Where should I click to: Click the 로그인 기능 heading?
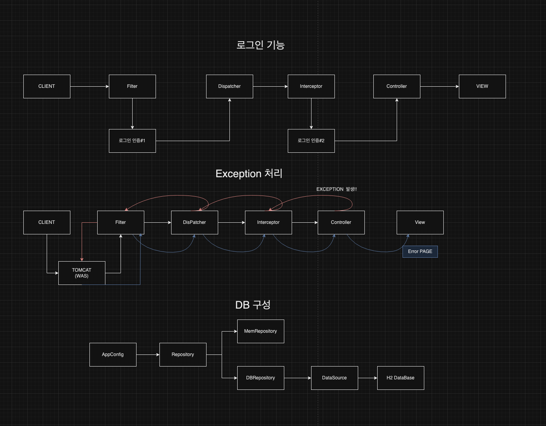[x=261, y=45]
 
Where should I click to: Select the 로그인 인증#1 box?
[x=132, y=141]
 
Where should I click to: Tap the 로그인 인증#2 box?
[x=311, y=141]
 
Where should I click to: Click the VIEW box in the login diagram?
[x=482, y=86]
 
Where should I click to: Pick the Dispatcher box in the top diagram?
[x=229, y=86]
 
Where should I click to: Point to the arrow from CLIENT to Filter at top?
[x=89, y=86]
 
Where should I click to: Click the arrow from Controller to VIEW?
[x=439, y=86]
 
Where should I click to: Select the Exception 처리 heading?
[x=249, y=173]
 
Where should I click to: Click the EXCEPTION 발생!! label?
[x=336, y=189]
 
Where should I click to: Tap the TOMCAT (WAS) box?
[x=82, y=273]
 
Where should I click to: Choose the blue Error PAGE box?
[x=420, y=251]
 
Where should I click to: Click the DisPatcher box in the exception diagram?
[x=194, y=222]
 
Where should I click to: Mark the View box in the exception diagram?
[x=420, y=222]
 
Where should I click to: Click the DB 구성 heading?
[x=253, y=305]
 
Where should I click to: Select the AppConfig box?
[x=113, y=354]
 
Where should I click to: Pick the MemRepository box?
[x=261, y=331]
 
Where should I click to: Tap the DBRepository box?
[x=261, y=378]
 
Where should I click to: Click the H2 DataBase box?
[x=401, y=378]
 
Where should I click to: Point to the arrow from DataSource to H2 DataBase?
[x=367, y=378]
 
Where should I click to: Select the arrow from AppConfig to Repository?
[x=148, y=354]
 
